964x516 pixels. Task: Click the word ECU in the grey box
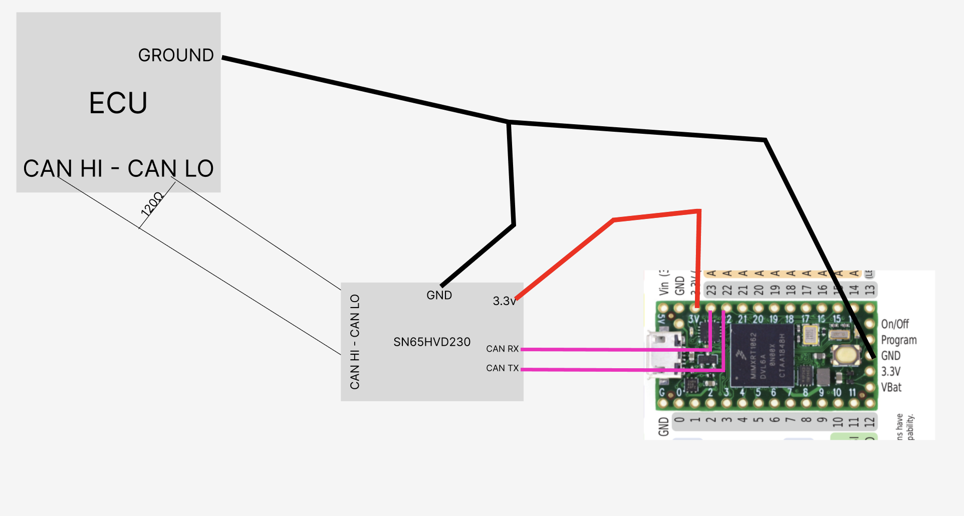coord(118,103)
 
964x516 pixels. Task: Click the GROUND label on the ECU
coord(176,55)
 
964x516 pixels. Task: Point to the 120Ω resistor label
coord(152,203)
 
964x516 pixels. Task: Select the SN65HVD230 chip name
coord(432,342)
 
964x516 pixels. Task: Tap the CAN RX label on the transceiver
coord(502,349)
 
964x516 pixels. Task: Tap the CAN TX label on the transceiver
coord(502,368)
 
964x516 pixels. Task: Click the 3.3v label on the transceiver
coord(504,301)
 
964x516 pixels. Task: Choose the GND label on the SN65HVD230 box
coord(439,296)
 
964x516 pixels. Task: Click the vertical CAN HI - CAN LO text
coord(355,342)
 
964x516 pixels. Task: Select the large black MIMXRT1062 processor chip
coord(762,355)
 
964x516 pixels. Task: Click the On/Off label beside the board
coord(895,324)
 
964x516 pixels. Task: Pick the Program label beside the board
coord(899,340)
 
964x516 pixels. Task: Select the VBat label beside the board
coord(891,387)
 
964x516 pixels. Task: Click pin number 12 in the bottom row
coord(869,422)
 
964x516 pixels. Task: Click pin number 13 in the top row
coord(870,290)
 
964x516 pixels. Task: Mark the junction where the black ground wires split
coord(509,122)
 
